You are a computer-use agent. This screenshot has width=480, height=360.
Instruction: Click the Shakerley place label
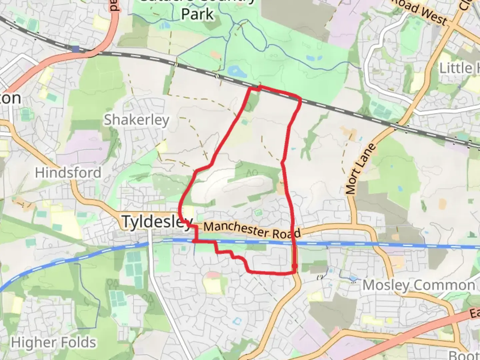[x=136, y=120]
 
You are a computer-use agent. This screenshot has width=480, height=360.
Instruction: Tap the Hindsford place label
[x=68, y=173]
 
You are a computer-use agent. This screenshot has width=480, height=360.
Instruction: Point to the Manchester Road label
[x=252, y=230]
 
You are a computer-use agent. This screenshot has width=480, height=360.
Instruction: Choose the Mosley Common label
[x=419, y=285]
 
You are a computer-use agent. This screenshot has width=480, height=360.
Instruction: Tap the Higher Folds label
[x=53, y=342]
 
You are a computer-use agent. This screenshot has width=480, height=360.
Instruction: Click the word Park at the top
[x=197, y=14]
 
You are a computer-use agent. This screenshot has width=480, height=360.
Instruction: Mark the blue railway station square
[x=76, y=49]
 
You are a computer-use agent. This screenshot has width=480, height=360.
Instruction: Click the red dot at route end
[x=294, y=266]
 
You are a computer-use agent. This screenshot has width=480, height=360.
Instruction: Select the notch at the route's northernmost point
[x=259, y=88]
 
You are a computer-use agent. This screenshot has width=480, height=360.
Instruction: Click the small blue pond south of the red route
[x=237, y=321]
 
